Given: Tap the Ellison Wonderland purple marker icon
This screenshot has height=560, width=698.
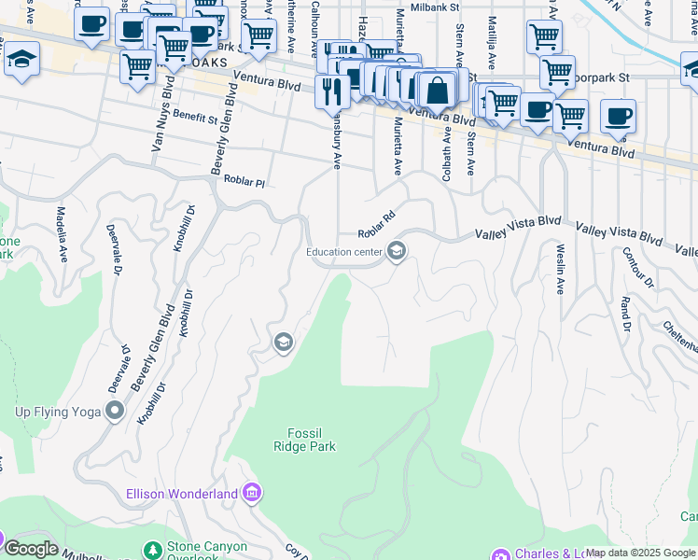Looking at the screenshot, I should pyautogui.click(x=251, y=492).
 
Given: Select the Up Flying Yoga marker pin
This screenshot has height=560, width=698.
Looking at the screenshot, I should pyautogui.click(x=115, y=411).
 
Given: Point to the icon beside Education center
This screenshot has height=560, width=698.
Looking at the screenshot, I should pyautogui.click(x=397, y=252).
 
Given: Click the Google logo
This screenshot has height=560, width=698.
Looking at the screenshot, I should pyautogui.click(x=31, y=549).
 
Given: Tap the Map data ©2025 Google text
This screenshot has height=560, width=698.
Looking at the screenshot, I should pyautogui.click(x=640, y=553).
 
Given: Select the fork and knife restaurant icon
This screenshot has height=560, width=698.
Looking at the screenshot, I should pyautogui.click(x=331, y=91).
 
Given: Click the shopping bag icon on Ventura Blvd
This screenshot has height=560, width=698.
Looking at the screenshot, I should pyautogui.click(x=435, y=91).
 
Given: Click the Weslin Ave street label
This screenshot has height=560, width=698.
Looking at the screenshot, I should pyautogui.click(x=560, y=269).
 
